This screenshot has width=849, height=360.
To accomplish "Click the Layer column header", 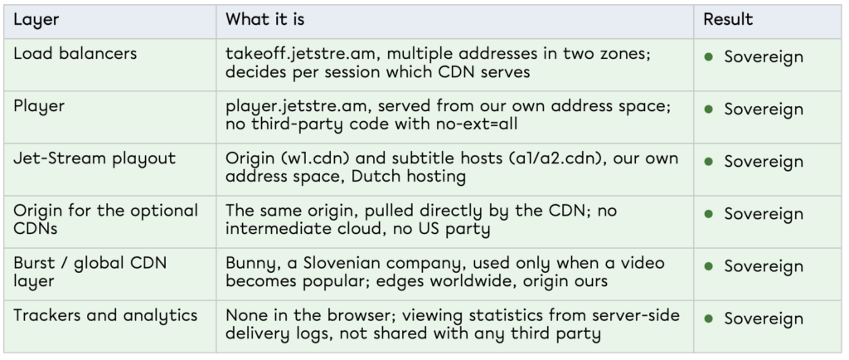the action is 36,20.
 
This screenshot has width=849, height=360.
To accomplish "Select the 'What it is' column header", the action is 264,20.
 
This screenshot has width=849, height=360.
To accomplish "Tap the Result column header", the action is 728,20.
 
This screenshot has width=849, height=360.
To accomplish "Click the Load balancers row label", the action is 75,54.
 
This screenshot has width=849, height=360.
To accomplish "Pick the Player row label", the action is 39,107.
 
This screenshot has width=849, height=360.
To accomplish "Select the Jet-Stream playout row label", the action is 95,158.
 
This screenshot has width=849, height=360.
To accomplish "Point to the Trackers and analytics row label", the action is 105,315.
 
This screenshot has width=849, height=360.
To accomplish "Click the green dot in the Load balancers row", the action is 709,57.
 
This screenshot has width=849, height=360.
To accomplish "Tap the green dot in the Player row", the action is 709,109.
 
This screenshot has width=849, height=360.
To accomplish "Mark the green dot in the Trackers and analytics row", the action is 709,319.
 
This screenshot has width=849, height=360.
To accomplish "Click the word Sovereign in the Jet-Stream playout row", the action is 764,162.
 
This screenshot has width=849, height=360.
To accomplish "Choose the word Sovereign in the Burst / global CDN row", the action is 764,266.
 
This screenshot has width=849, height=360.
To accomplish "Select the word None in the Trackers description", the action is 245,315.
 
